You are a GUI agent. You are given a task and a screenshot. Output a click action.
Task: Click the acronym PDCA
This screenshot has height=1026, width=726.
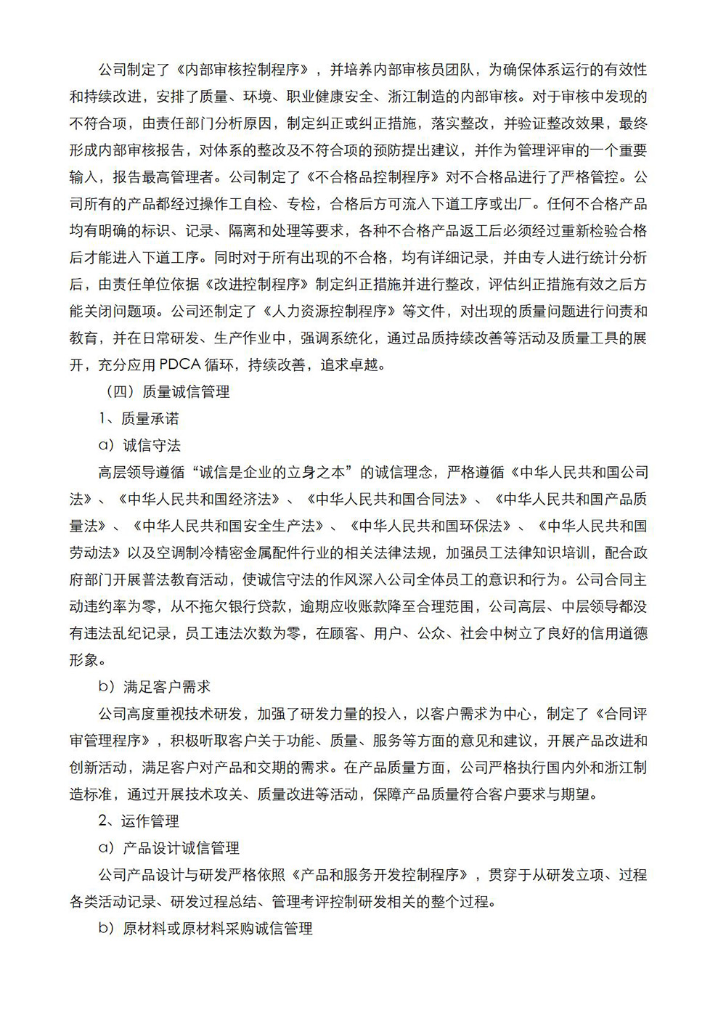click(x=180, y=365)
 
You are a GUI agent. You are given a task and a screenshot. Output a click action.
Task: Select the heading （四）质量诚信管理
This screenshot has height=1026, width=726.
click(x=168, y=392)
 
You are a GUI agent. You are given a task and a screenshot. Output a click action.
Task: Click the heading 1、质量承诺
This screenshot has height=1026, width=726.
click(x=139, y=419)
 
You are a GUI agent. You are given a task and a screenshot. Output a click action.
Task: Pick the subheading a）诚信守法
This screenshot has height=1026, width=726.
click(x=139, y=446)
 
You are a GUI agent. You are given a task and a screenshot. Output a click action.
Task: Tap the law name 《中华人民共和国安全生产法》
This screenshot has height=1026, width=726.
click(x=229, y=526)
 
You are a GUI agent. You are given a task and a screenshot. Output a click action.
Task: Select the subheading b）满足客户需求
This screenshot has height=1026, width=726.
click(x=154, y=687)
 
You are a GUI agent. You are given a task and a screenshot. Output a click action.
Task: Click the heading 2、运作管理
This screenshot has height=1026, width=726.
click(x=139, y=821)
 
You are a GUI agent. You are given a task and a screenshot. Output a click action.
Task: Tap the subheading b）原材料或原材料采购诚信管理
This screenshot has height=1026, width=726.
click(x=205, y=929)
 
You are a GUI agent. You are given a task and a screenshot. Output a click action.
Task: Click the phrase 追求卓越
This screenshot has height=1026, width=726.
click(x=352, y=365)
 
